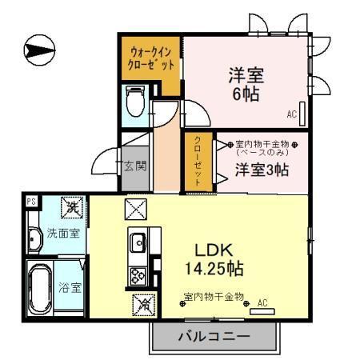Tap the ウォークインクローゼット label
click(151, 58)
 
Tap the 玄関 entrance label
click(134, 167)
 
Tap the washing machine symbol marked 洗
click(71, 207)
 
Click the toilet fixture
click(134, 102)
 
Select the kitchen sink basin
click(136, 241)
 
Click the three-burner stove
click(136, 273)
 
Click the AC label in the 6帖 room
click(292, 114)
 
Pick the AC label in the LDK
click(262, 303)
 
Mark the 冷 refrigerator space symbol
click(144, 304)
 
